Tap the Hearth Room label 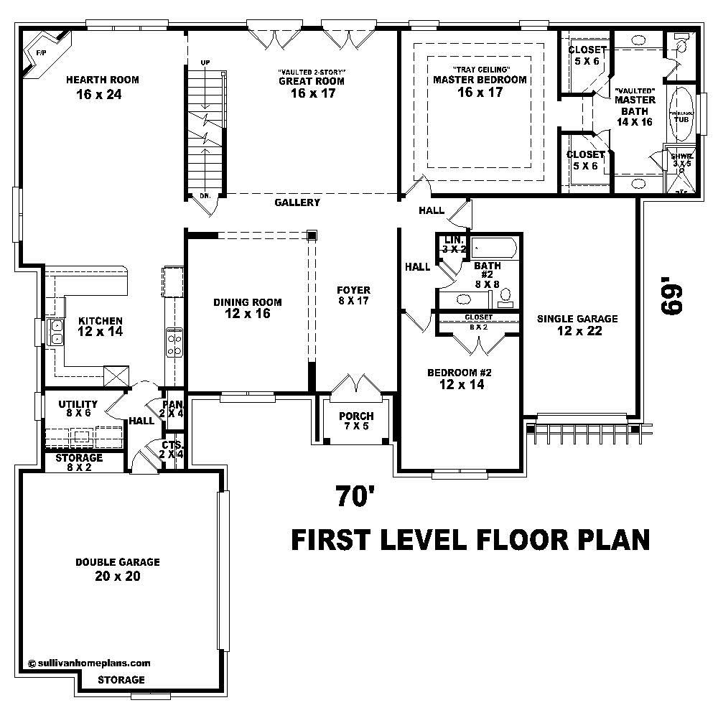(102, 80)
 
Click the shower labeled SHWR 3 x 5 (681, 169)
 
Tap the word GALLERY (297, 203)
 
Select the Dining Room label (247, 302)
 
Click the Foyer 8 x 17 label (353, 295)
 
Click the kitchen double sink (55, 331)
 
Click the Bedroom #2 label (459, 378)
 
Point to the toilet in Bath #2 (505, 295)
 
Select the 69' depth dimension (669, 297)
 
